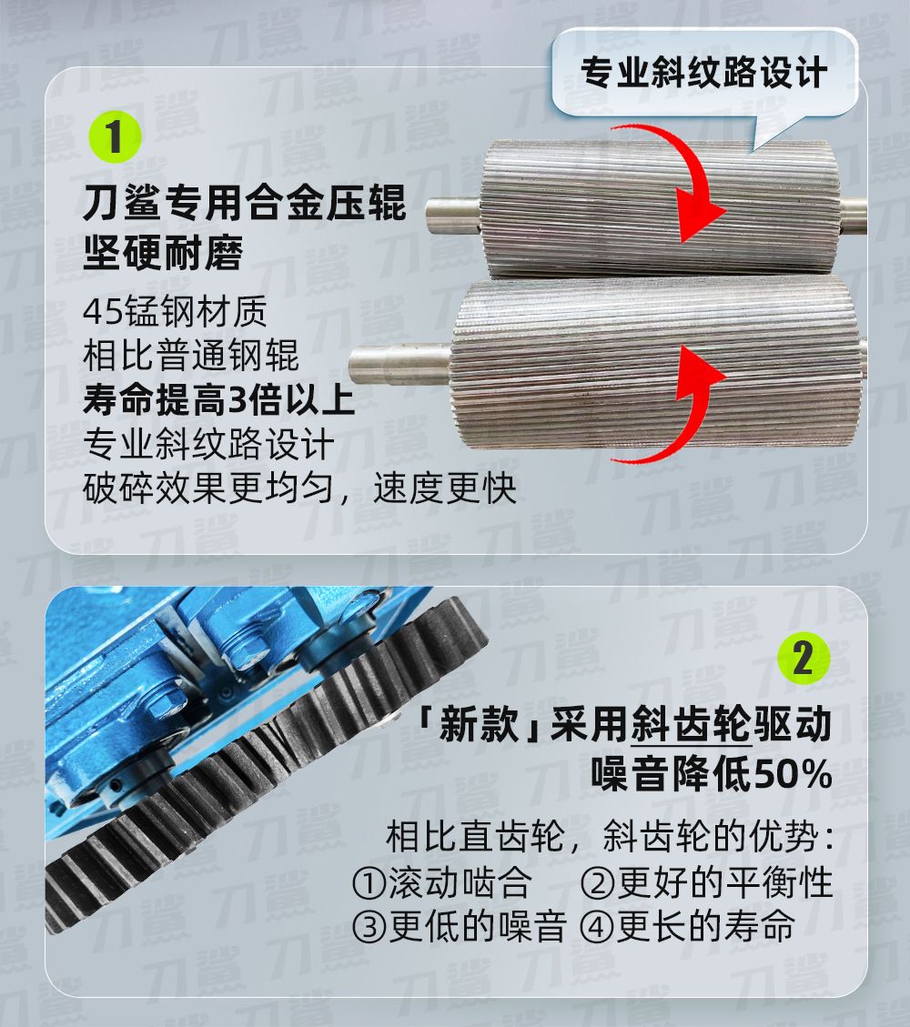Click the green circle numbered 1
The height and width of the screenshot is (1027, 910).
click(x=116, y=136)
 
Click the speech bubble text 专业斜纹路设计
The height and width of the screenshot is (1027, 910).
click(x=703, y=72)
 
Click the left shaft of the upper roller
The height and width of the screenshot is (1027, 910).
click(x=453, y=216)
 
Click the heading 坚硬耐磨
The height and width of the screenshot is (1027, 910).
click(x=163, y=252)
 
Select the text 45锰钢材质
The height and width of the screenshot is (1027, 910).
click(x=175, y=312)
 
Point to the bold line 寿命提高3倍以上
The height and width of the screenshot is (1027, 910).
click(x=218, y=399)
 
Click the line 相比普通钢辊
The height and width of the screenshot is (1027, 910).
click(x=191, y=356)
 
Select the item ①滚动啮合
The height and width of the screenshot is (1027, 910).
click(x=441, y=882)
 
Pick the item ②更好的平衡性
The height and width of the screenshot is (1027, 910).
click(x=706, y=882)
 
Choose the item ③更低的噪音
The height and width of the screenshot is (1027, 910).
click(x=459, y=926)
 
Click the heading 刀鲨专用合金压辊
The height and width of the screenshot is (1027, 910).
click(x=245, y=202)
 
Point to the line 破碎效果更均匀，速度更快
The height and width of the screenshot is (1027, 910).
click(x=300, y=488)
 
